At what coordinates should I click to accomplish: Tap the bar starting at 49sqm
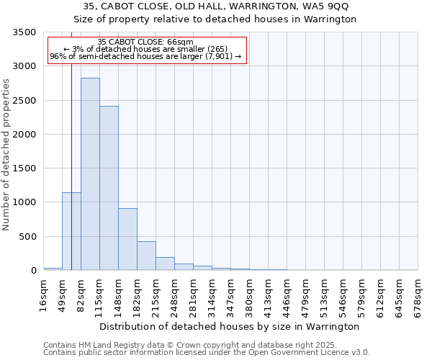coord(71,231)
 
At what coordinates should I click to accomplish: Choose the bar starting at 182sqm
coord(146,256)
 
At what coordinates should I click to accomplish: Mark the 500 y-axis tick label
coord(30,237)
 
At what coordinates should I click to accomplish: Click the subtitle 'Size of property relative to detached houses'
coord(215,19)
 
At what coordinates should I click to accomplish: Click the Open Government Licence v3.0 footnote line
coord(207,353)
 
